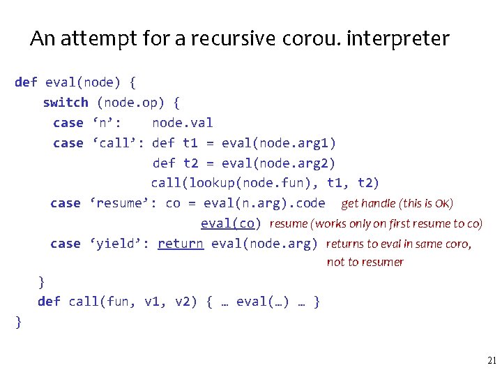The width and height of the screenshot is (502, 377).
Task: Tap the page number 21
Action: coord(491,361)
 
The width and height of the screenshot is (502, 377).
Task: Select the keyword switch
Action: coord(66,103)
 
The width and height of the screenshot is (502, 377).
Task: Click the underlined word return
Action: coord(181,244)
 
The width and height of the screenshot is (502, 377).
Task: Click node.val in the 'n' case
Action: coord(183,123)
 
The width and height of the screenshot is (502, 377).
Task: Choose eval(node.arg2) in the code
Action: coord(278,163)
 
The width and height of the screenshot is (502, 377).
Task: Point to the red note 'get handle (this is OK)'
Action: coord(397,204)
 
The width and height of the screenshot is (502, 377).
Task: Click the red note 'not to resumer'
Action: coord(365,263)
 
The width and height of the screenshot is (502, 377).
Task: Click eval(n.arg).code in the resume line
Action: coord(264,203)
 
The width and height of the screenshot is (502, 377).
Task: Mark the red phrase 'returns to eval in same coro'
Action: coord(397,244)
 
